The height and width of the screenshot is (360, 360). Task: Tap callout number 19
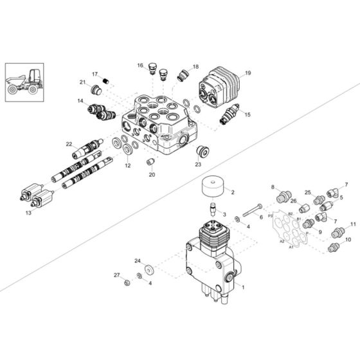[x=248, y=73]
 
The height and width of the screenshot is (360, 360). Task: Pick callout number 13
[x=27, y=212]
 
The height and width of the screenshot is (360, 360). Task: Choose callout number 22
[x=69, y=143]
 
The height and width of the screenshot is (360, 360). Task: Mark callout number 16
[x=139, y=65]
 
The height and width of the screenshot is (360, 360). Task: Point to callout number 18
[x=195, y=66]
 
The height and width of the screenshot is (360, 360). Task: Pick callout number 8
[x=272, y=187]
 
